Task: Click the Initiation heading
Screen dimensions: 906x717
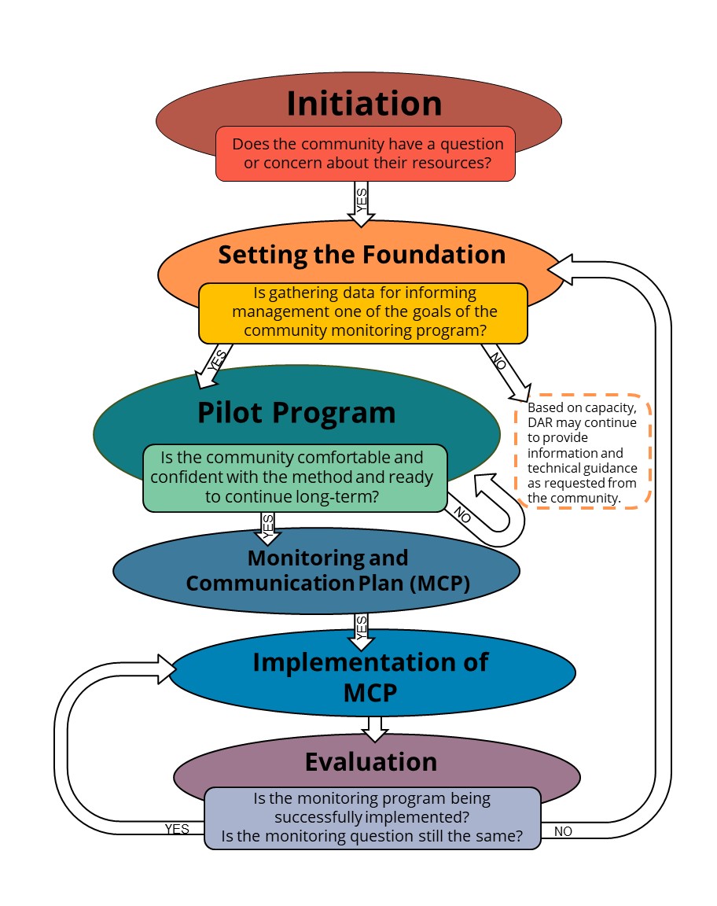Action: pos(364,104)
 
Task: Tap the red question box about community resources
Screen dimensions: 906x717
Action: pos(366,153)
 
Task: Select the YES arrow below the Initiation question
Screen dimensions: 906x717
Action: pos(362,203)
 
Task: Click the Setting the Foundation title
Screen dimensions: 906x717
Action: pos(362,255)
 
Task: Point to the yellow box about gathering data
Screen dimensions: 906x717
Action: pos(362,312)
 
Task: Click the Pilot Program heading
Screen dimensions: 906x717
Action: pos(296,412)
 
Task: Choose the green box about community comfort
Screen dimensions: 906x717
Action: pos(295,477)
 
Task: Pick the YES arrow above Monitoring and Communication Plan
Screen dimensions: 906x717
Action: pos(267,527)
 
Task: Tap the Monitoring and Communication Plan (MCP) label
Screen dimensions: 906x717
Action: pos(328,570)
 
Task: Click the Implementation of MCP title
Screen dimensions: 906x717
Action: pos(370,676)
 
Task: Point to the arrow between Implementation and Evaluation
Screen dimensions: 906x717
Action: pos(375,728)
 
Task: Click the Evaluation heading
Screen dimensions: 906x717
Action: pos(371,761)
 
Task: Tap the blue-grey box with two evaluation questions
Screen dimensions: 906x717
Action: pos(373,817)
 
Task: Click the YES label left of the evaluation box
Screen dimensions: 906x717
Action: pos(177,829)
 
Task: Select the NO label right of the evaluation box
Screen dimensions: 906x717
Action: pos(563,831)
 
